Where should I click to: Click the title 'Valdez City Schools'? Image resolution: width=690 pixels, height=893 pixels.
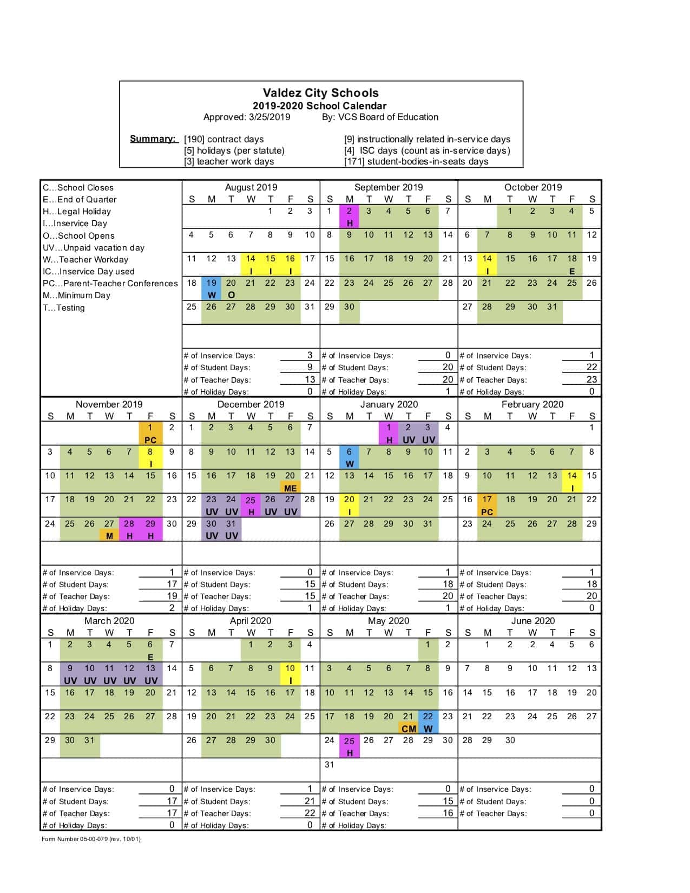(320, 93)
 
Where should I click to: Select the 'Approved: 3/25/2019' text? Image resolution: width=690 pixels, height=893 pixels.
(246, 117)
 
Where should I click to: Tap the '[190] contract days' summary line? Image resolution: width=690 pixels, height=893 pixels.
(224, 139)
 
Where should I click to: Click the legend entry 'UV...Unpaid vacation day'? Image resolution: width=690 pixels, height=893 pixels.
(94, 247)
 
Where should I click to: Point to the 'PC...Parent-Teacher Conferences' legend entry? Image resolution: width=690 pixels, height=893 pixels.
(110, 283)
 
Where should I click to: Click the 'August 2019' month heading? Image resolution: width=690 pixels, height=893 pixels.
(251, 187)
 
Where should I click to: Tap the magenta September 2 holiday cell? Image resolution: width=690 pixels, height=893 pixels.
(350, 216)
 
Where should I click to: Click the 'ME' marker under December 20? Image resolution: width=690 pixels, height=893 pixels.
(290, 488)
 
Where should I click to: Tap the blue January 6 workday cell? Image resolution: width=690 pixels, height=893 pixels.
(350, 457)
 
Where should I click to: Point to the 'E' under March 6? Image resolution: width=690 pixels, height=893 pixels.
(150, 657)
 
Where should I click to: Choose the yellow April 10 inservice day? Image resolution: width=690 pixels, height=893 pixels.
(290, 674)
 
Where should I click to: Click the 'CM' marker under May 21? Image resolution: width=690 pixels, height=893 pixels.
(409, 729)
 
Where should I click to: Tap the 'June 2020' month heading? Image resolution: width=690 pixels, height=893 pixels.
(533, 621)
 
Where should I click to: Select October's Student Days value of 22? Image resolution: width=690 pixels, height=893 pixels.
(592, 367)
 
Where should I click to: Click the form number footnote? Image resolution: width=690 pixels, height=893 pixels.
(91, 839)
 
